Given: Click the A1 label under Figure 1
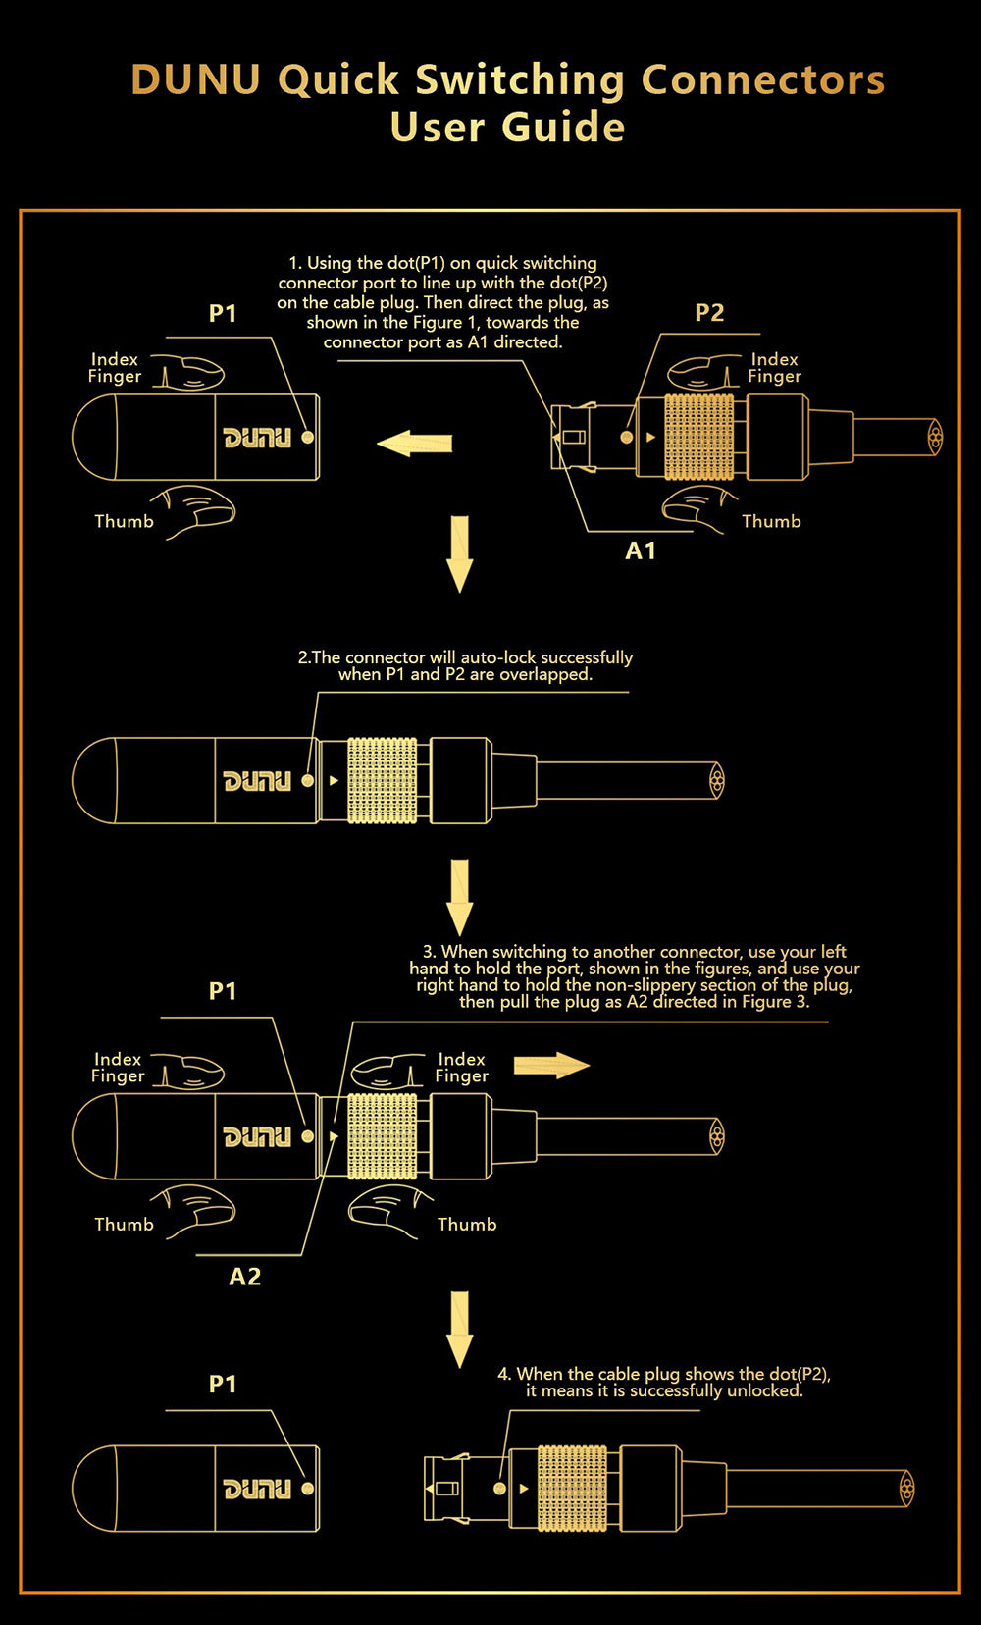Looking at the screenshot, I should coord(641,551).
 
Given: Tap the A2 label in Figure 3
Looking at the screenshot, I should coord(245,1277).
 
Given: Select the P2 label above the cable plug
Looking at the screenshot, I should coord(709,313).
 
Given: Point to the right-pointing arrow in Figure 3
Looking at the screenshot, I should coord(551,1066).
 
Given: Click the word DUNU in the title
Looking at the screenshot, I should coord(196,80).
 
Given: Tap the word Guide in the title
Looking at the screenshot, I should coord(562,128).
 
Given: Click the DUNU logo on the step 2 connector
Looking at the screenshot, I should coord(257,781).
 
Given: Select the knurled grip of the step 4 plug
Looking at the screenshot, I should coord(572,1489).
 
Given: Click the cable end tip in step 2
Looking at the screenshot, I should coord(717,781).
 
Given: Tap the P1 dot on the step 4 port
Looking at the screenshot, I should coord(308,1489).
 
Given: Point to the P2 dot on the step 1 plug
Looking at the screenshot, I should coord(627,438).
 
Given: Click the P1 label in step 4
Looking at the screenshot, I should coord(223,1385).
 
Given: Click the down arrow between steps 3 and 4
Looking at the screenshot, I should coord(459,1329).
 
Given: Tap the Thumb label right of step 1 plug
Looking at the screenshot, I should coord(771,522).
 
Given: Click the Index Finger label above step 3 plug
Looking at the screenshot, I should coord(462,1068).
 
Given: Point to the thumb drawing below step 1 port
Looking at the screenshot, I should coord(199,511).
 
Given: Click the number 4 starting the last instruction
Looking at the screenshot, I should coord(503,1374).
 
